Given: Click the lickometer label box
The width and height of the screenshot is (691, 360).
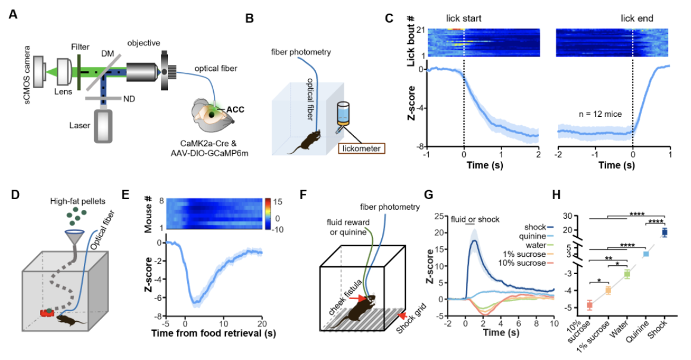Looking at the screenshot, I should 362,146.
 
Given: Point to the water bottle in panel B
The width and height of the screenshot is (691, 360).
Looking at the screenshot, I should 343,114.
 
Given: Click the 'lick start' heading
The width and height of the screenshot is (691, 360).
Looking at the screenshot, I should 463,18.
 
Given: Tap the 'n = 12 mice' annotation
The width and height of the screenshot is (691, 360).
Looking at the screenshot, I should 590,111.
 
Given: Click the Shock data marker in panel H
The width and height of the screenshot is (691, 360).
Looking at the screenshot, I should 665,232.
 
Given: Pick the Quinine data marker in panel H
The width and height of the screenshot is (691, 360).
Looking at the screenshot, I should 646,254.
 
